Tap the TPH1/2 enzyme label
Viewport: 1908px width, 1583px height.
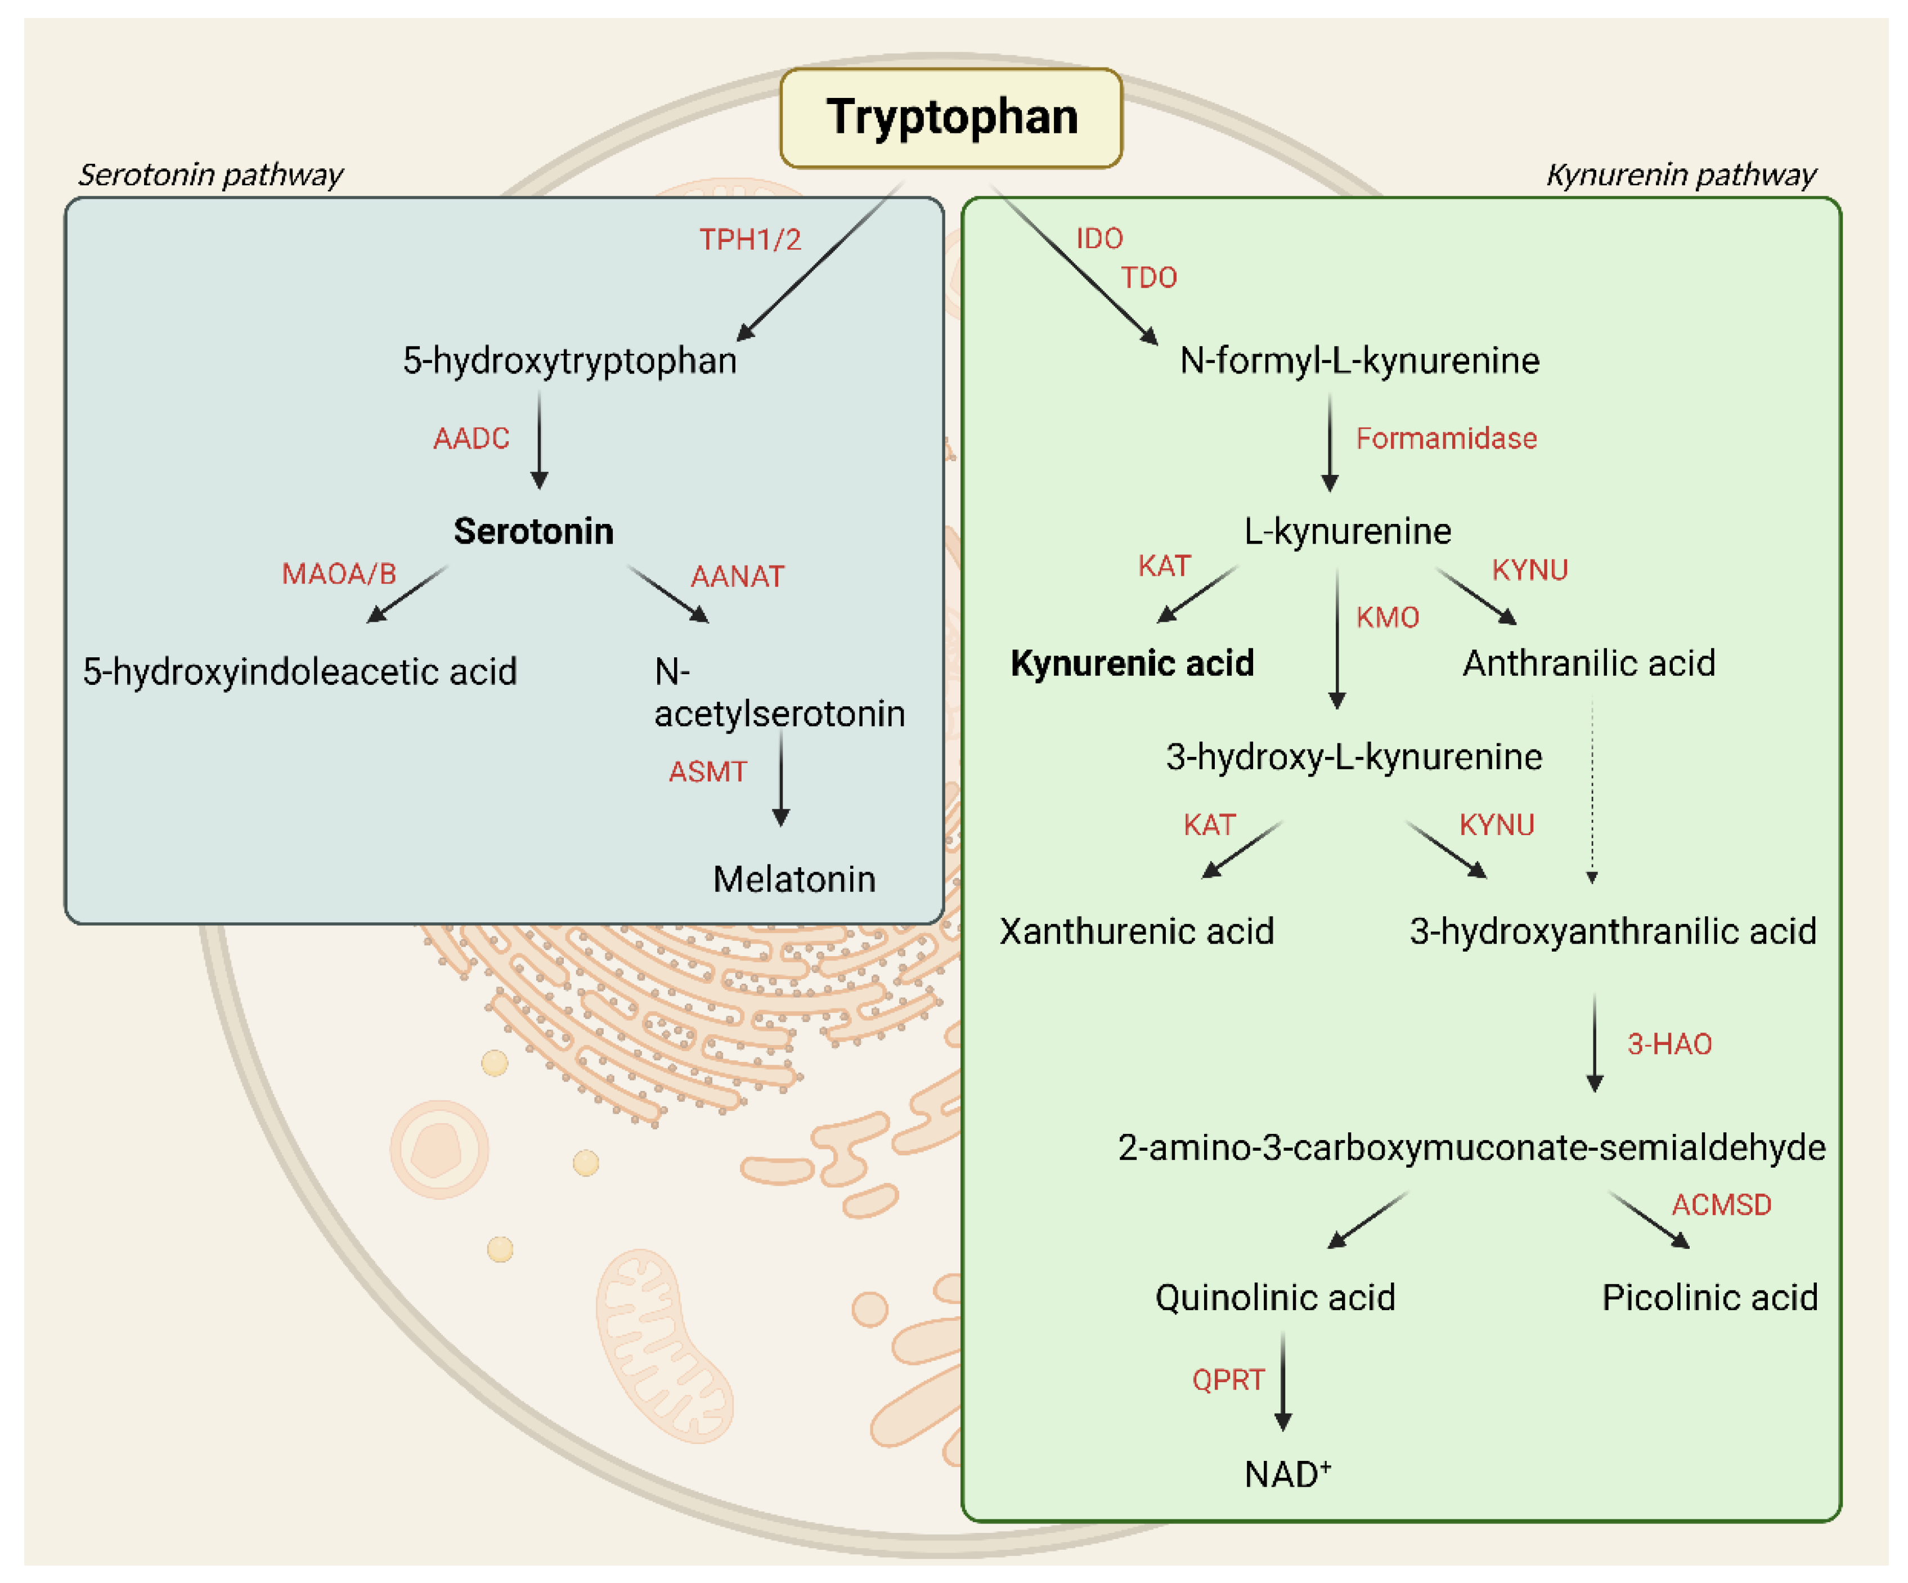tap(749, 240)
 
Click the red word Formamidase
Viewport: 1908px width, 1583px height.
tap(1445, 439)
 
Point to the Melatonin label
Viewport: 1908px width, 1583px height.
tap(793, 880)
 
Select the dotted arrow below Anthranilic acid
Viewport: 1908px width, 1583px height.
tap(1592, 791)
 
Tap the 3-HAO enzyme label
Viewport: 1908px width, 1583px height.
tap(1669, 1044)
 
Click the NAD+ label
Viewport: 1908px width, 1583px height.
tap(1287, 1474)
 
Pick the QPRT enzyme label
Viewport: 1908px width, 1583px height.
tap(1228, 1380)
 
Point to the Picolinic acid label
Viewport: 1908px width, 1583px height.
tap(1709, 1298)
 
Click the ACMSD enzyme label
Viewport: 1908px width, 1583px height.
tap(1721, 1205)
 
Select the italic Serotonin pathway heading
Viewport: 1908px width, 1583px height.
tap(211, 174)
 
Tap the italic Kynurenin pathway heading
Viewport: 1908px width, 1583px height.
tap(1680, 174)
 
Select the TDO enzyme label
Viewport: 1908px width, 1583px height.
tap(1148, 278)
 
